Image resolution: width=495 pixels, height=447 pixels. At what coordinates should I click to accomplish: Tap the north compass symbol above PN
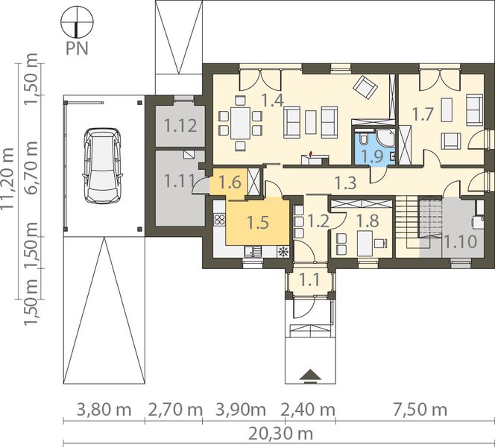pyautogui.click(x=77, y=22)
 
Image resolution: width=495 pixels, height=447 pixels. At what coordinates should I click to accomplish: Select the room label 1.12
pyautogui.click(x=180, y=126)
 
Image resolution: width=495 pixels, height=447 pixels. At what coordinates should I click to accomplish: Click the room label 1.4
pyautogui.click(x=273, y=101)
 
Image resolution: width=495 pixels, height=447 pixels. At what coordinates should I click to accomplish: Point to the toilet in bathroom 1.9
pyautogui.click(x=363, y=139)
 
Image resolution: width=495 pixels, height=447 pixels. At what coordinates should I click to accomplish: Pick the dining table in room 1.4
pyautogui.click(x=240, y=123)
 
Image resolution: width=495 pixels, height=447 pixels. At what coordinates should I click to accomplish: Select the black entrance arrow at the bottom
pyautogui.click(x=310, y=375)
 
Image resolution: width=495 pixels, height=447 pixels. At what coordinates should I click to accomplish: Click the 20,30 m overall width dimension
pyautogui.click(x=280, y=434)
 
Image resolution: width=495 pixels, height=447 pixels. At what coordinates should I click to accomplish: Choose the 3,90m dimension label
pyautogui.click(x=241, y=410)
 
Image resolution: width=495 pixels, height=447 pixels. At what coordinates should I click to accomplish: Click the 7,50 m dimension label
pyautogui.click(x=420, y=410)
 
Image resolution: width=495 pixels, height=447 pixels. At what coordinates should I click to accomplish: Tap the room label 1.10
pyautogui.click(x=460, y=241)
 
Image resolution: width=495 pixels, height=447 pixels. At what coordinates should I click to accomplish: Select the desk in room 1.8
pyautogui.click(x=365, y=243)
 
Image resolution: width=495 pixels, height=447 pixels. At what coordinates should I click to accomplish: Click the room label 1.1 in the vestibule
pyautogui.click(x=309, y=280)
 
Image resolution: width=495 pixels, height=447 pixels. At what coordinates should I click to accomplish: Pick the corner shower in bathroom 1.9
pyautogui.click(x=386, y=138)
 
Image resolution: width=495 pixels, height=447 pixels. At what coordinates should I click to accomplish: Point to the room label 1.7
pyautogui.click(x=423, y=114)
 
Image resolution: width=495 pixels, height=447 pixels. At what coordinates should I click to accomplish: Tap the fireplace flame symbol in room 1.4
pyautogui.click(x=312, y=153)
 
